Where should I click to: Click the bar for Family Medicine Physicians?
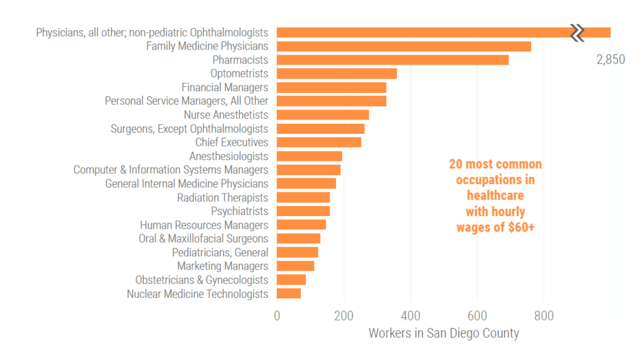pyautogui.click(x=404, y=46)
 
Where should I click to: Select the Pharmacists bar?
pyautogui.click(x=392, y=60)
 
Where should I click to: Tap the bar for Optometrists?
pyautogui.click(x=337, y=74)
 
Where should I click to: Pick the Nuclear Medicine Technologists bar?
pyautogui.click(x=289, y=293)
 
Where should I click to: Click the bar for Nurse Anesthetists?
pyautogui.click(x=323, y=115)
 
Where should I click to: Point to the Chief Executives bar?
pyautogui.click(x=319, y=143)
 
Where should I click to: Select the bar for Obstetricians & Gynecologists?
pyautogui.click(x=291, y=280)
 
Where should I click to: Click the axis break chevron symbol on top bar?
pyautogui.click(x=577, y=33)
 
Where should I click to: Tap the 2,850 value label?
pyautogui.click(x=610, y=60)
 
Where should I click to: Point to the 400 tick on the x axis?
pyautogui.click(x=410, y=315)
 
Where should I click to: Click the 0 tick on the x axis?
pyautogui.click(x=277, y=315)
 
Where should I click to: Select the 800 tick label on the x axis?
pyautogui.click(x=544, y=315)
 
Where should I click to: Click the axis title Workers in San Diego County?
pyautogui.click(x=443, y=334)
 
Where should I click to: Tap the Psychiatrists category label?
pyautogui.click(x=239, y=211)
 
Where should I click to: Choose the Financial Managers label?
pyautogui.click(x=225, y=87)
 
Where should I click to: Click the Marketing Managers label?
pyautogui.click(x=222, y=266)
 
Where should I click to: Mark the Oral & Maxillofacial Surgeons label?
pyautogui.click(x=203, y=239)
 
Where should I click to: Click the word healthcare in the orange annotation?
pyautogui.click(x=495, y=196)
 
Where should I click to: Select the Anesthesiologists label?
pyautogui.click(x=229, y=156)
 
